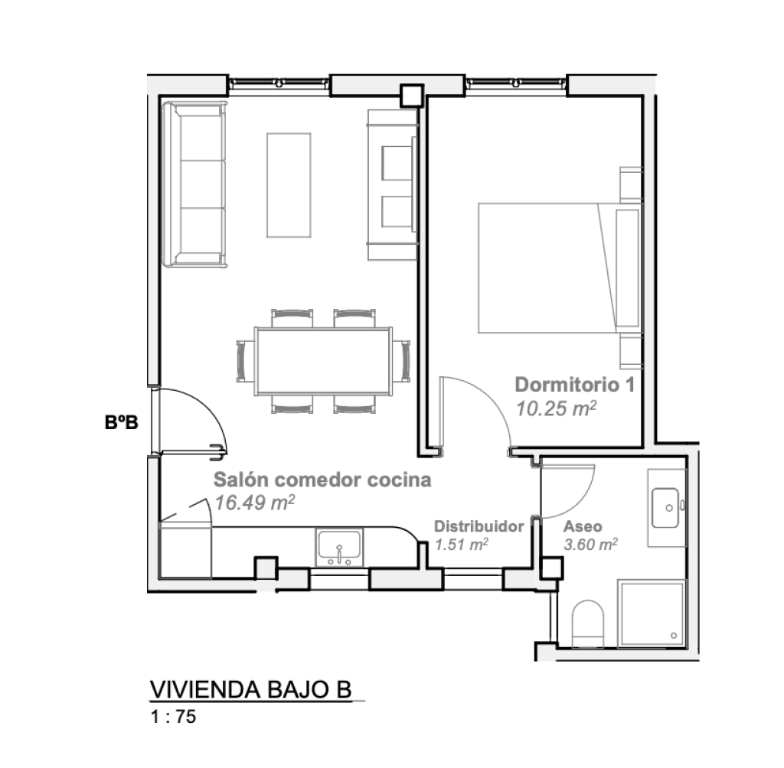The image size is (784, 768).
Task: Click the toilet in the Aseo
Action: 587,624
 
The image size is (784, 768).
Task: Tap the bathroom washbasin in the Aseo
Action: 665,508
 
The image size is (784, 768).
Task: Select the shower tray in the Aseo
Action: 651,613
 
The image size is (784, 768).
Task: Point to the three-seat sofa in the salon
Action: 194,184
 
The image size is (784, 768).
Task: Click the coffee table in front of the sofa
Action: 289,185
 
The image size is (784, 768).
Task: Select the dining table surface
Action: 324,361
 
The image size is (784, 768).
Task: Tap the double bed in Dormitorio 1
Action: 560,268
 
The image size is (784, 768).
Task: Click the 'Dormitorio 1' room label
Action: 575,385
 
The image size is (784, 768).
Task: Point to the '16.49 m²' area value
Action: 254,502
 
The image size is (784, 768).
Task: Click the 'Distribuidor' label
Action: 479,526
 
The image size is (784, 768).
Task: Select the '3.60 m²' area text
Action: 590,544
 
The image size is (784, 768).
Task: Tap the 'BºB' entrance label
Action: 122,423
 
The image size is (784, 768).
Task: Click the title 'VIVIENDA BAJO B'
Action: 250,689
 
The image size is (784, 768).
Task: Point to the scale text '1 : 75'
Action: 174,717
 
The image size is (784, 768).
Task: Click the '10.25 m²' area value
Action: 556,408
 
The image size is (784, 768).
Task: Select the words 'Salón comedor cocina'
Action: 322,480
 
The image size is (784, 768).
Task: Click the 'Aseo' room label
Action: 583,526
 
